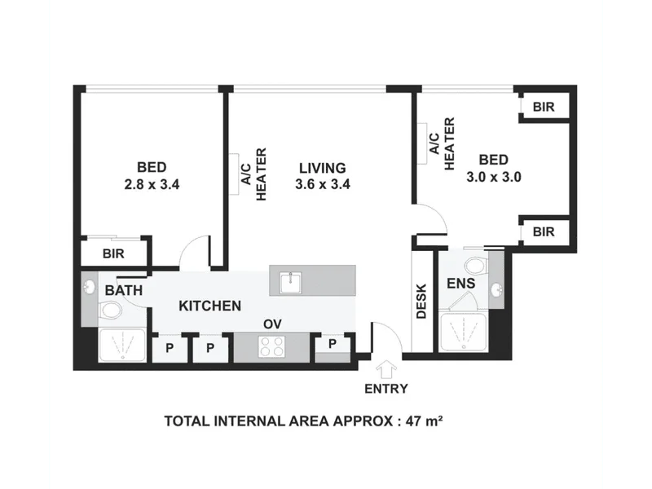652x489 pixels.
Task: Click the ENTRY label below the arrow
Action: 385,389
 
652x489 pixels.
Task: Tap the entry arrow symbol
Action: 386,370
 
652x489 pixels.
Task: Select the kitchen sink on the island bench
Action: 291,283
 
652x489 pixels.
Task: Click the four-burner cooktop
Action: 272,347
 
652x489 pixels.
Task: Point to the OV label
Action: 272,324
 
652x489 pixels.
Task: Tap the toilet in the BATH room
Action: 110,311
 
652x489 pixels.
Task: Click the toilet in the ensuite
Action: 477,266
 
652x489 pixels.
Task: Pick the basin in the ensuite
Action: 496,290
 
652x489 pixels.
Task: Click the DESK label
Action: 421,301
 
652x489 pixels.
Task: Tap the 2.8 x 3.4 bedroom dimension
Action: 152,184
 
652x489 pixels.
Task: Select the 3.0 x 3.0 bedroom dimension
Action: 494,177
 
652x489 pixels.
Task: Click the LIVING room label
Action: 323,168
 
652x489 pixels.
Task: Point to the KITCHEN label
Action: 210,306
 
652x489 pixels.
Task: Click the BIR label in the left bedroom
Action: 113,253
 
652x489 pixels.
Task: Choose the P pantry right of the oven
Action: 333,344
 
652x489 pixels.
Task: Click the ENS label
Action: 460,284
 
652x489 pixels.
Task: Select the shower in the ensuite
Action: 464,332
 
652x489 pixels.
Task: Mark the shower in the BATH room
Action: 122,345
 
